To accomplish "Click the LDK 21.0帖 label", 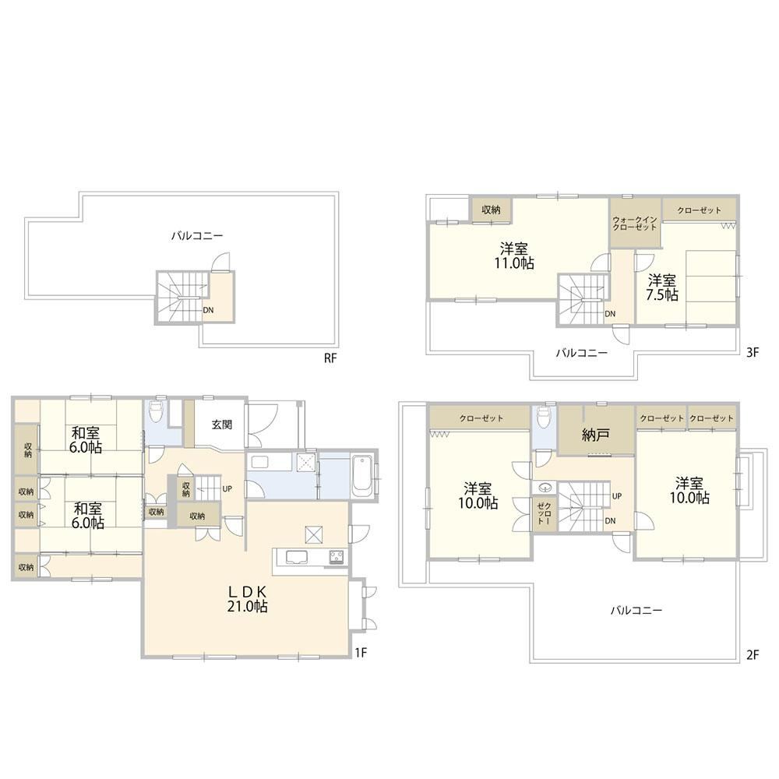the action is [x=248, y=598].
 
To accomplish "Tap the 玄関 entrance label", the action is [x=221, y=425].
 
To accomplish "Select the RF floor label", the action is [x=330, y=358].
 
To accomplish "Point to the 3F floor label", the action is [x=753, y=352].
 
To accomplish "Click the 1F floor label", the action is [x=361, y=652].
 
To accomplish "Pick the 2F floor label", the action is [x=753, y=655].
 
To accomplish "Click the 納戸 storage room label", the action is [x=595, y=435].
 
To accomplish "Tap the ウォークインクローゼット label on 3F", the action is [x=635, y=224].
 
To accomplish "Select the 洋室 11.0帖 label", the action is [x=513, y=256].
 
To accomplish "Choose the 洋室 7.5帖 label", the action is [x=661, y=287].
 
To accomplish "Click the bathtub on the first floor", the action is [x=361, y=476].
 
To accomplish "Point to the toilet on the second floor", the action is [x=544, y=417].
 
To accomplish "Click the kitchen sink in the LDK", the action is [x=294, y=558].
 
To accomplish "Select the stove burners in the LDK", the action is [x=337, y=556].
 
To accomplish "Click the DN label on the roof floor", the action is [x=208, y=310].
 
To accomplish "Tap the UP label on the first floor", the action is [x=227, y=489].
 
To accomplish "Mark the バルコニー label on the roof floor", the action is [x=197, y=236].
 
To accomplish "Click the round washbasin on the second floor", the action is [x=545, y=487].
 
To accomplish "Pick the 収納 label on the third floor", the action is [x=491, y=210].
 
